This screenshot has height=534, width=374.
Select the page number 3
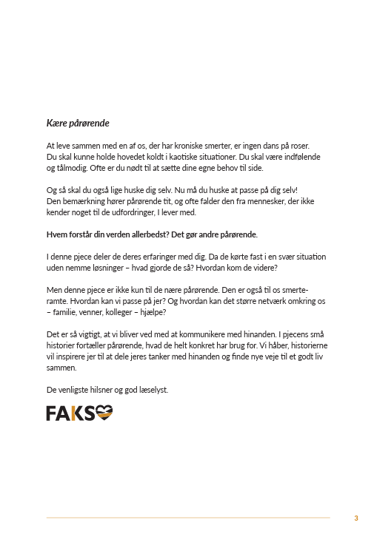tap(356, 518)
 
